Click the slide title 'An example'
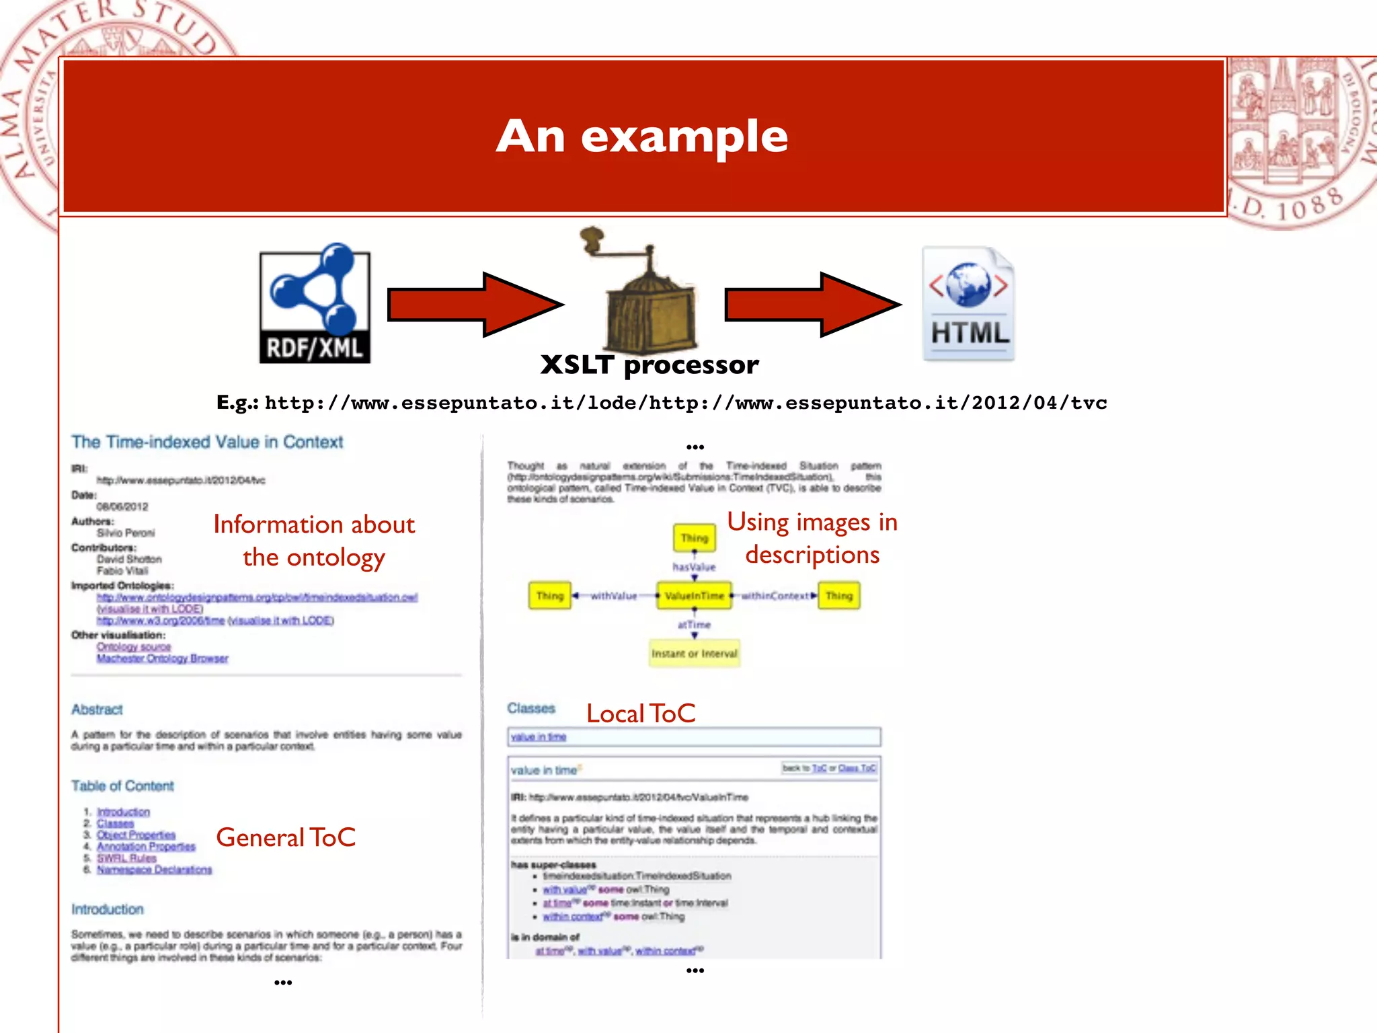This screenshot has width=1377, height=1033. click(642, 137)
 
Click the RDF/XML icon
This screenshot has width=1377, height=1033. click(315, 304)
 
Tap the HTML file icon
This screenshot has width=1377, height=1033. click(968, 304)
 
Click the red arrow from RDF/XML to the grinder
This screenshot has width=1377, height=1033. click(474, 305)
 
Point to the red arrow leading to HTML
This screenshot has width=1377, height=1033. click(812, 305)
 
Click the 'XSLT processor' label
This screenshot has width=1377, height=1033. click(650, 365)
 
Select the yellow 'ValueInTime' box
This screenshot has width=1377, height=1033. click(694, 596)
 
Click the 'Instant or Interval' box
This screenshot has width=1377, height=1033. click(694, 653)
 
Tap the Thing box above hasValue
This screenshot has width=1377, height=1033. click(694, 538)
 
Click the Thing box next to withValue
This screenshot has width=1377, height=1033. click(549, 596)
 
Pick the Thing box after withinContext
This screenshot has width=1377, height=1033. click(838, 596)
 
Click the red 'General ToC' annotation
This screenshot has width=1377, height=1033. click(286, 837)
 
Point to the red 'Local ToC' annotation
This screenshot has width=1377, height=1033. click(641, 714)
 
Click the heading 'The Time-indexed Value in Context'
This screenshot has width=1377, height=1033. click(207, 442)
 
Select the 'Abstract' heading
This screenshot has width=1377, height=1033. click(97, 710)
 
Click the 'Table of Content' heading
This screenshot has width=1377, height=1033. click(122, 786)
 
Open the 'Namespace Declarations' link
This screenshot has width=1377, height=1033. click(154, 870)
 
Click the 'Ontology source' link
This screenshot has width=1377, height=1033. click(134, 646)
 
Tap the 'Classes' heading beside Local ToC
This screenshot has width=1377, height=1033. click(531, 708)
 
